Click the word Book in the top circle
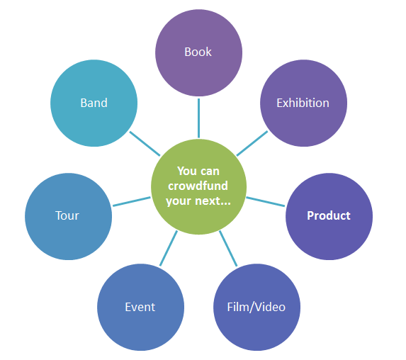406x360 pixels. [x=198, y=52]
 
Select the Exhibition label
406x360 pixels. [x=303, y=103]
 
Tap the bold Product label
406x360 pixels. [x=329, y=215]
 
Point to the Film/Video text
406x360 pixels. [x=256, y=307]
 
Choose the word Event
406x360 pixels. [x=140, y=307]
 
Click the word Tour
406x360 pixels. [x=67, y=215]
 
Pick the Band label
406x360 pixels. [x=94, y=103]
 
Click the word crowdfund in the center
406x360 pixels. [x=198, y=186]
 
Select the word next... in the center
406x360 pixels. [x=213, y=201]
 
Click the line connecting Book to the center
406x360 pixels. [x=198, y=118]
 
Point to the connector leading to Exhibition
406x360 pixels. [x=252, y=143]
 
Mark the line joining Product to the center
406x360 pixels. [x=266, y=202]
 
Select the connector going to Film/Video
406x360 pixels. [x=228, y=248]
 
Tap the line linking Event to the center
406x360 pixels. [x=169, y=248]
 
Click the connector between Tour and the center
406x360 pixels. [x=132, y=201]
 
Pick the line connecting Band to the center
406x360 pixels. [x=145, y=144]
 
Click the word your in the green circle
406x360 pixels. [x=179, y=201]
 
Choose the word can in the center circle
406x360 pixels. [x=210, y=171]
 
